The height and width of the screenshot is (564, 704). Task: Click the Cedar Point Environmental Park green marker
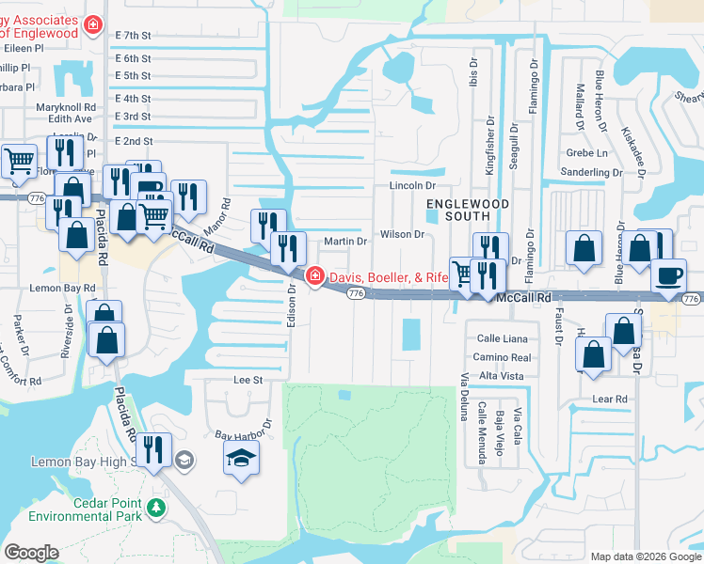(156, 508)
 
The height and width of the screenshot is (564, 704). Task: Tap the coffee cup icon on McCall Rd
(669, 275)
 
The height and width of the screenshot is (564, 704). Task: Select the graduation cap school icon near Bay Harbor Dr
(241, 459)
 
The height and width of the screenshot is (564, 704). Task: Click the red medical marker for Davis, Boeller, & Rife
(314, 275)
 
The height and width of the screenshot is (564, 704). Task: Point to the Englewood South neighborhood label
(468, 211)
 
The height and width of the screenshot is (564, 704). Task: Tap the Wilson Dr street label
(403, 234)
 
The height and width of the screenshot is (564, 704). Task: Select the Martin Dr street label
(344, 242)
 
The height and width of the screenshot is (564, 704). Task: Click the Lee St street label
(247, 380)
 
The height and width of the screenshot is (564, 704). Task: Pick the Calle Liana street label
(500, 338)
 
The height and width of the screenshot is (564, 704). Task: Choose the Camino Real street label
(503, 357)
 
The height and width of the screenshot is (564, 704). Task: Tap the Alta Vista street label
(501, 375)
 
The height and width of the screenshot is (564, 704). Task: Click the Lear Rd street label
(610, 399)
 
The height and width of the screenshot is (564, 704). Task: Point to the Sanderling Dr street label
(591, 172)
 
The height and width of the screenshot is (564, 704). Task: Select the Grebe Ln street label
(587, 152)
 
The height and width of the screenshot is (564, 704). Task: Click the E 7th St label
(133, 36)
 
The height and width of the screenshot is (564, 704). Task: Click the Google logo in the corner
(31, 553)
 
